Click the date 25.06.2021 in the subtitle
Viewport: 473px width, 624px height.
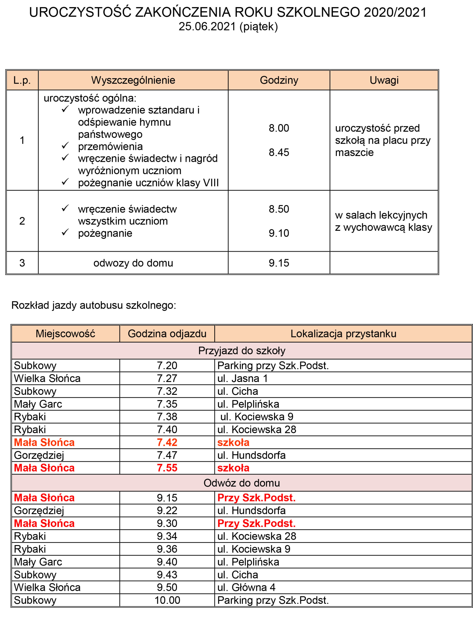click(x=207, y=27)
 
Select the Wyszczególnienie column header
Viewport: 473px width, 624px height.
click(x=133, y=80)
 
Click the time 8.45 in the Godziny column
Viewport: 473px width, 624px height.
click(x=279, y=152)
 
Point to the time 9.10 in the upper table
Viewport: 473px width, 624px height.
click(x=279, y=233)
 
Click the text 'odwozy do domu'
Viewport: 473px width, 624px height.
click(x=133, y=263)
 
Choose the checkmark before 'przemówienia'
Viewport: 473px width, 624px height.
click(x=65, y=146)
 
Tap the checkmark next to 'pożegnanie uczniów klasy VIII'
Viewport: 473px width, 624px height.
click(x=65, y=182)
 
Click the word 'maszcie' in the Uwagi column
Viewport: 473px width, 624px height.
click(x=354, y=152)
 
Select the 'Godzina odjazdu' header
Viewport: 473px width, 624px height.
click(x=167, y=334)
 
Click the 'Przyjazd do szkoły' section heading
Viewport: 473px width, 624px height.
click(x=241, y=351)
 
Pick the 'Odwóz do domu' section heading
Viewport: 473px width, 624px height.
click(x=241, y=483)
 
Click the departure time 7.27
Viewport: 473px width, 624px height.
click(x=167, y=378)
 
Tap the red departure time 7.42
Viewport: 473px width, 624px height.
click(x=167, y=442)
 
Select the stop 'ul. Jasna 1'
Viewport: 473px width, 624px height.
click(x=242, y=378)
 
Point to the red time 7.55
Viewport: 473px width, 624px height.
click(x=167, y=468)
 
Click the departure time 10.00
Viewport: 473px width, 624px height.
click(x=167, y=600)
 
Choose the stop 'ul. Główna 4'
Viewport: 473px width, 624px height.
click(x=246, y=587)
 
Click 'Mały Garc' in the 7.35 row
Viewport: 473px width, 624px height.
click(x=38, y=404)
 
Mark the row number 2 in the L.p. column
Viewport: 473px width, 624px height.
click(x=22, y=221)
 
